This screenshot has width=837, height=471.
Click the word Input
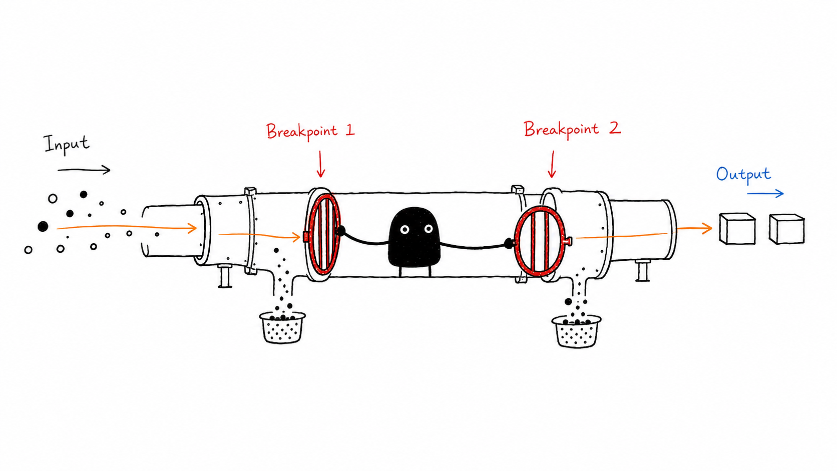click(67, 144)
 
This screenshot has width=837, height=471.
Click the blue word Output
click(743, 175)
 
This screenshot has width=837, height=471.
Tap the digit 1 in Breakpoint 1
click(350, 130)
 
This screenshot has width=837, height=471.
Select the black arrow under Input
click(84, 170)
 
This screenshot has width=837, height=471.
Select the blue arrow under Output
click(765, 194)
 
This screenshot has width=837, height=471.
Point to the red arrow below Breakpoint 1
click(320, 164)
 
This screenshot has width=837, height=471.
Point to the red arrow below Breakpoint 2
click(552, 164)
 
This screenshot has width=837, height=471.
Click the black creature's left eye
click(404, 229)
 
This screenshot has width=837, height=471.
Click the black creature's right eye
click(428, 229)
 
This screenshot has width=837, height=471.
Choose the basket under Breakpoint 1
click(282, 327)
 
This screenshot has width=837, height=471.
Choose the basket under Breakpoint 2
click(576, 331)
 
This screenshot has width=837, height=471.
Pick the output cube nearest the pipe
click(737, 229)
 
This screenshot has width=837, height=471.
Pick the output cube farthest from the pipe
click(786, 229)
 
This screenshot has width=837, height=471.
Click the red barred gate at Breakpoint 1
click(323, 234)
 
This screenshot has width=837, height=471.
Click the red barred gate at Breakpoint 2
click(541, 241)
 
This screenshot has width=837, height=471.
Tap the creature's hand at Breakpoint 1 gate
click(341, 231)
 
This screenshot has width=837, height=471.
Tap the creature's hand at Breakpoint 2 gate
click(509, 244)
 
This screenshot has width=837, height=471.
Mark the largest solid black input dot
click(43, 226)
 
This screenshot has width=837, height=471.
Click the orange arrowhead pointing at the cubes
click(706, 228)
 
